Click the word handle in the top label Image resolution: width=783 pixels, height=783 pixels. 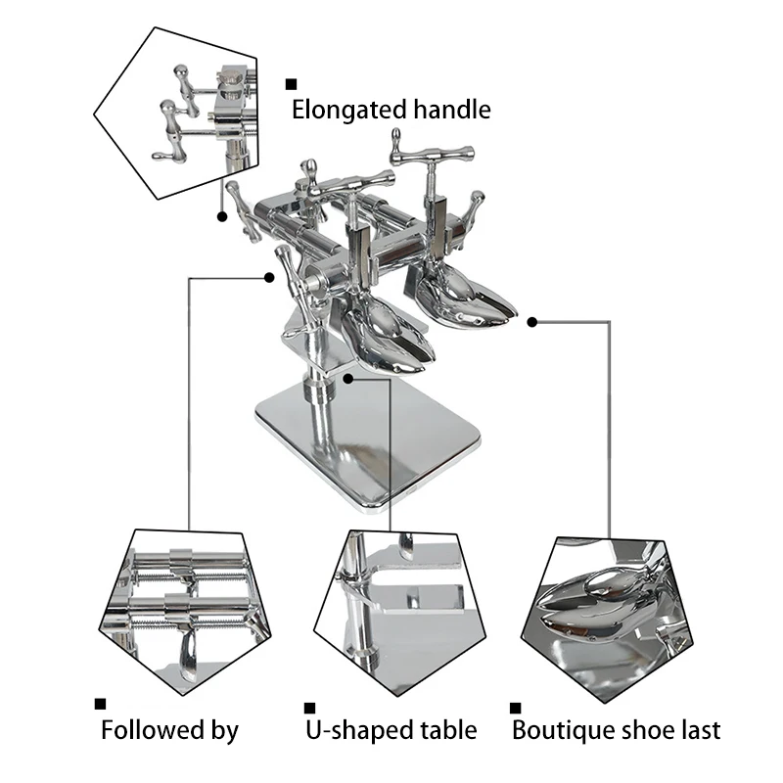coord(446,110)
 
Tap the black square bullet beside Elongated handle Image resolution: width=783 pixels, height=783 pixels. coord(291,84)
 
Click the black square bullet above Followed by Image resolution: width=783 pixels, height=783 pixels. coord(100,703)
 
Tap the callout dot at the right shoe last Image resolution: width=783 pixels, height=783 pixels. coord(531,320)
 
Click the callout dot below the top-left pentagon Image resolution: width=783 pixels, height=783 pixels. coord(221,216)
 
